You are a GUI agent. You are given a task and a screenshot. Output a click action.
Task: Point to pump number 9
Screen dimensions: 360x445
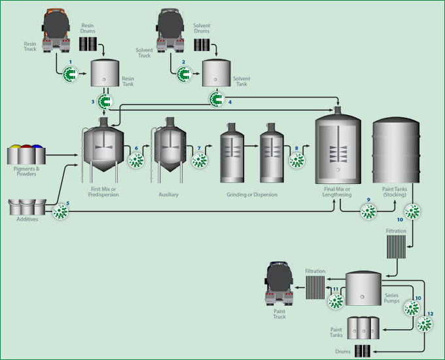tap(368, 211)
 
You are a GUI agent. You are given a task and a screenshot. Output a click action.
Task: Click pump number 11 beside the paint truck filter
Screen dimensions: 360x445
tap(335, 300)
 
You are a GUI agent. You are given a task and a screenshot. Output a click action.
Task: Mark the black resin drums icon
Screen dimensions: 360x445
tap(88, 44)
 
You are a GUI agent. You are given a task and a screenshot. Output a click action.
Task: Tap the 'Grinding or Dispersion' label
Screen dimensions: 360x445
tap(252, 194)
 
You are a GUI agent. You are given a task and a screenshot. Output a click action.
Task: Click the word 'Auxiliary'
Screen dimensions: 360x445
tap(168, 194)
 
